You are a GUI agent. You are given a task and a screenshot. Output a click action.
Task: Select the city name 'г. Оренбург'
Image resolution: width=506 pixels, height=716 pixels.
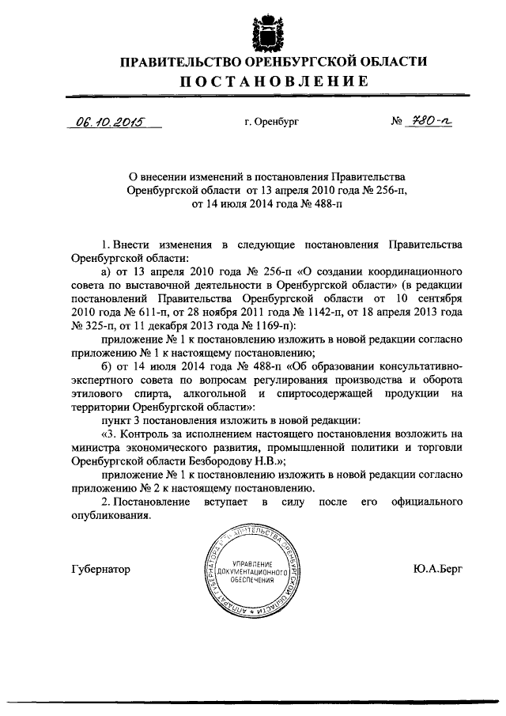coord(271,123)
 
